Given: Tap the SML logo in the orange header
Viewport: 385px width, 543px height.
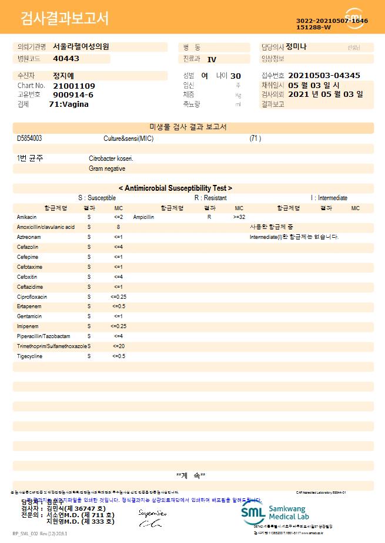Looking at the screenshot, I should (354, 17).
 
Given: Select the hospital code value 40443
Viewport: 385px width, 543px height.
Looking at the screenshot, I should (66, 59).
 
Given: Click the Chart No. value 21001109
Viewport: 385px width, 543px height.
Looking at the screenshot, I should (74, 86).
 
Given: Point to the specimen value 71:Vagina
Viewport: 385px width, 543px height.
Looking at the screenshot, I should (69, 104).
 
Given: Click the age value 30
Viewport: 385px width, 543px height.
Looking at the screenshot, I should (235, 76).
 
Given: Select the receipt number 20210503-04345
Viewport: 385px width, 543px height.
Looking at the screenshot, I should (324, 76).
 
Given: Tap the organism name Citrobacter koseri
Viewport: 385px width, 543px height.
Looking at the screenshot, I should (111, 158).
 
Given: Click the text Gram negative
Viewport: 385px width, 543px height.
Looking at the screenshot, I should (107, 168).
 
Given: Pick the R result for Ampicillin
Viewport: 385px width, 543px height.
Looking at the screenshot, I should (209, 217).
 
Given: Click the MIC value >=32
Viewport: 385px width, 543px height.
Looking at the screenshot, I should (239, 217).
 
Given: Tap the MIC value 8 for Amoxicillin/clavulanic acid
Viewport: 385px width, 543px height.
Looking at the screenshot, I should (118, 227).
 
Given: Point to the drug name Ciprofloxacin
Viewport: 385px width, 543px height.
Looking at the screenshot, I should (32, 297).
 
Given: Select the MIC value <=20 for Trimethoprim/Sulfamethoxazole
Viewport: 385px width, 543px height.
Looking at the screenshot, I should (118, 346).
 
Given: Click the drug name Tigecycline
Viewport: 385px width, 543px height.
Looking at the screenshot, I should (29, 356).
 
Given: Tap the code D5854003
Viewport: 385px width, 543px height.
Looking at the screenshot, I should (29, 139).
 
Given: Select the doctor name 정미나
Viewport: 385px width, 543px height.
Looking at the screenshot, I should (296, 46).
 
